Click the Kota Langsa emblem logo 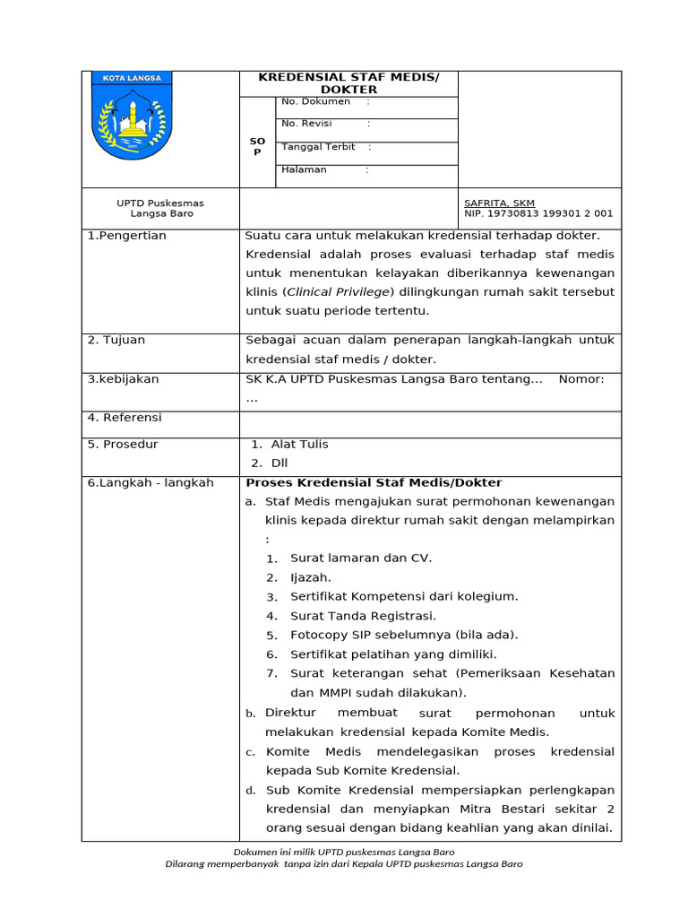click(132, 117)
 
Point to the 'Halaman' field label click(304, 169)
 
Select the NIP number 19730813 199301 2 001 click(538, 214)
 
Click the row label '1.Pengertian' click(126, 236)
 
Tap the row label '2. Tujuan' click(116, 341)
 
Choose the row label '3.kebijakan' click(123, 379)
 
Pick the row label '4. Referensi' click(125, 418)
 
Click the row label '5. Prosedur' click(123, 445)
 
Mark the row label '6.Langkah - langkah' click(150, 483)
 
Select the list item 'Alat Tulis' click(299, 445)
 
